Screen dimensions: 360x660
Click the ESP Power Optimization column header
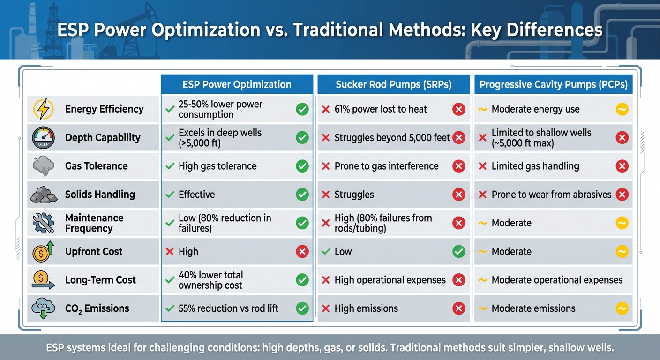(237, 84)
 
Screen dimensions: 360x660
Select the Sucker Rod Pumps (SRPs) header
(393, 84)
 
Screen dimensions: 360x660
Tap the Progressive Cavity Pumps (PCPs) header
(553, 84)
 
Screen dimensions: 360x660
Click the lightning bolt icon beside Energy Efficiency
(44, 109)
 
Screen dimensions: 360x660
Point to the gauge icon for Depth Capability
(44, 138)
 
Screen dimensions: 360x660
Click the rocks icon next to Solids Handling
(44, 195)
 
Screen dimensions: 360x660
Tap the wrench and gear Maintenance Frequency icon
(44, 223)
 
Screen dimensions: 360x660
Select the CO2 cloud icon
(44, 308)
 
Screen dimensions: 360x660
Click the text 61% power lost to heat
(381, 110)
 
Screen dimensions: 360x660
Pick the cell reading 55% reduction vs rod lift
(228, 308)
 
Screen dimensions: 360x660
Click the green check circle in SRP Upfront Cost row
(458, 252)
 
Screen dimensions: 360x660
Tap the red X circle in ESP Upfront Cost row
(302, 252)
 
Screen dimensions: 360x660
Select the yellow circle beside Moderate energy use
(622, 110)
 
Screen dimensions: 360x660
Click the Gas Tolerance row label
(96, 166)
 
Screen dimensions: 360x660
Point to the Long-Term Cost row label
(100, 280)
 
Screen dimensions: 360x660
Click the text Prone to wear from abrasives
(551, 195)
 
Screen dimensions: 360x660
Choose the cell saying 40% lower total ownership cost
(210, 280)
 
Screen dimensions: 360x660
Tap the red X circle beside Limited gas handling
(622, 166)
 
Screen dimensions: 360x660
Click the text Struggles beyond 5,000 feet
(392, 138)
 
